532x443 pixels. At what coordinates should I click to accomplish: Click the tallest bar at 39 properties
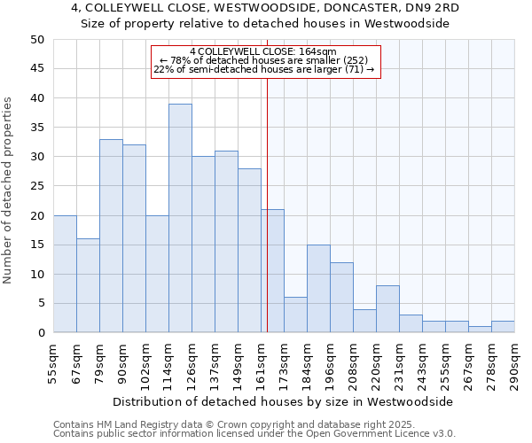(x=180, y=219)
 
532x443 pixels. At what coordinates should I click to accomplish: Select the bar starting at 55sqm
(x=65, y=274)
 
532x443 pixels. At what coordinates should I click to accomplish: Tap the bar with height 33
(x=111, y=236)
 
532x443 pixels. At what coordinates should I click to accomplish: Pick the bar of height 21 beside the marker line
(x=272, y=271)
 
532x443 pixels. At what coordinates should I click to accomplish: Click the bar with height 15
(x=318, y=289)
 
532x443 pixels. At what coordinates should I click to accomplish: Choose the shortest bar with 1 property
(x=480, y=330)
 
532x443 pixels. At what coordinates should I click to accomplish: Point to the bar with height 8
(x=387, y=309)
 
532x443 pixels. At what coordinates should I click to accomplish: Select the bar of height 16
(x=88, y=286)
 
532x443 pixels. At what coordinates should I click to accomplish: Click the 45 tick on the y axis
(x=36, y=69)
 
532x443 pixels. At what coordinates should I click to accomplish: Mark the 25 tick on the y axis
(x=36, y=186)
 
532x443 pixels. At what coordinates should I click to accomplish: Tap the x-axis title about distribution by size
(x=283, y=401)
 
